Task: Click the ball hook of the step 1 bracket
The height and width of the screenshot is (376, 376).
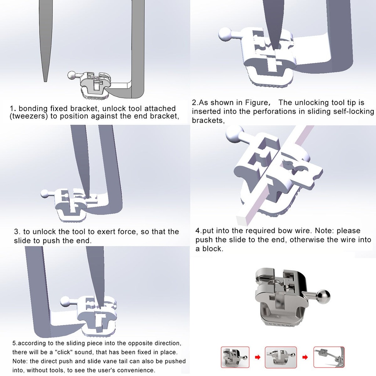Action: [72, 75]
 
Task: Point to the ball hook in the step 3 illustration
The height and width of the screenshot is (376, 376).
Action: [45, 194]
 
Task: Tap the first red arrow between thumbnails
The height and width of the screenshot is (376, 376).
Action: [257, 357]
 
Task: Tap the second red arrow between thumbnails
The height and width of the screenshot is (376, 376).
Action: [305, 357]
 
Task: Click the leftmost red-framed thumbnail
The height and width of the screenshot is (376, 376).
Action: [235, 357]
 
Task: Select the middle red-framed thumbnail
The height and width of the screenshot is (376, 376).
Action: [281, 357]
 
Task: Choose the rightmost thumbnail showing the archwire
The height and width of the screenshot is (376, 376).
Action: [329, 357]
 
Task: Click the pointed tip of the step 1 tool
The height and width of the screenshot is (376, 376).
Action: [45, 82]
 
